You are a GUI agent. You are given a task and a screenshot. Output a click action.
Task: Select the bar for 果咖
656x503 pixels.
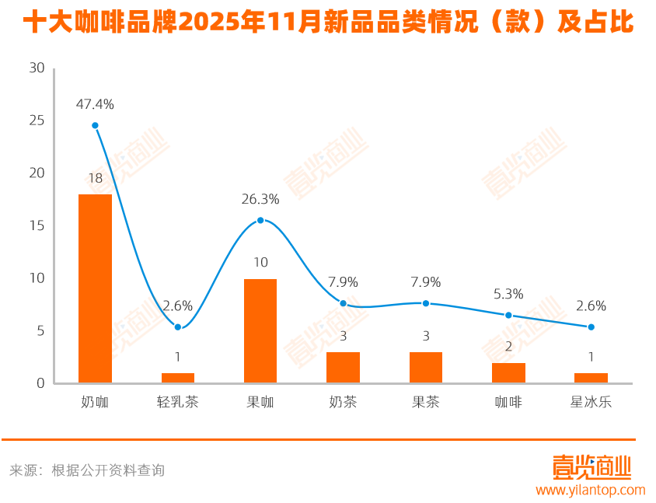click(x=260, y=330)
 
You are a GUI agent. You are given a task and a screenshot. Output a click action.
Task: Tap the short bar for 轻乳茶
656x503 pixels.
click(x=178, y=378)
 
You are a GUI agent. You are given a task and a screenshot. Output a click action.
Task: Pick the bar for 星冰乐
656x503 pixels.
click(x=591, y=378)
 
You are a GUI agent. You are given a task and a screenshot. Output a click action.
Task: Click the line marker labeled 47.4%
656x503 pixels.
click(x=95, y=125)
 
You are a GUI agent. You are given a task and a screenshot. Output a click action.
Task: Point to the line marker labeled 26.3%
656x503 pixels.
click(x=260, y=220)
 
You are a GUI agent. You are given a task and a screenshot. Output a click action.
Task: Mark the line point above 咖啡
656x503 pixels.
click(x=508, y=315)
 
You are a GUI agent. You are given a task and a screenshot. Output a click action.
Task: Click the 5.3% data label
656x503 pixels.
click(x=508, y=294)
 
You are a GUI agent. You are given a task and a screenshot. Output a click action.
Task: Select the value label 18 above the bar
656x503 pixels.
click(x=95, y=178)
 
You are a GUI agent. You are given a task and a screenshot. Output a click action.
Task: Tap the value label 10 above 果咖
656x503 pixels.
click(x=260, y=263)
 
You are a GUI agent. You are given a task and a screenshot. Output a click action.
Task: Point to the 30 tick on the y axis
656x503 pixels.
click(x=37, y=68)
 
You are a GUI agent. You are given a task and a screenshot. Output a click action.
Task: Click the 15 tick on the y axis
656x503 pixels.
click(x=37, y=225)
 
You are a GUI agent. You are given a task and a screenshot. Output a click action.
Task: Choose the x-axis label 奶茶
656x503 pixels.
click(x=343, y=403)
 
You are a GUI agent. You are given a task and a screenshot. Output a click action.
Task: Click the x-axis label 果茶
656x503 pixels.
click(x=426, y=403)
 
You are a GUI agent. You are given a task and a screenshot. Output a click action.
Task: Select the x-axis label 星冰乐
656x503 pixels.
click(x=591, y=403)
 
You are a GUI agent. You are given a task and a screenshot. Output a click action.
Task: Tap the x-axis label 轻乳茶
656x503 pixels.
click(x=178, y=403)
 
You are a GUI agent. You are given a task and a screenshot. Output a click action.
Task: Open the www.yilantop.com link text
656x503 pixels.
click(x=591, y=490)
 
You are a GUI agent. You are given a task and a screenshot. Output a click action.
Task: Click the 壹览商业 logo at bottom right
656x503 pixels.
click(x=591, y=467)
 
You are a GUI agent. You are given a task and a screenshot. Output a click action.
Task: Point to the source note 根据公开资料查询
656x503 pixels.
click(x=108, y=470)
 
